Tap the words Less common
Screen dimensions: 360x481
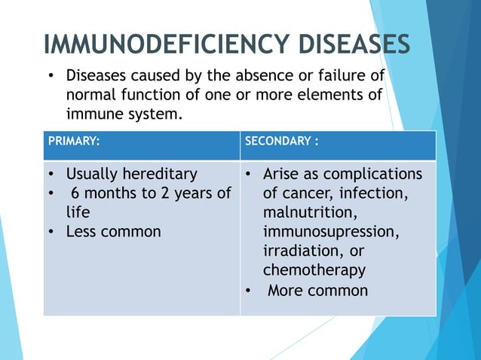pos(113,231)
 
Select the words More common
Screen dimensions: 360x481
pos(318,290)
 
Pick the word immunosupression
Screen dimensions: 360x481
pos(331,232)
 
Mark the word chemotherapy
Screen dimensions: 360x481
pos(314,270)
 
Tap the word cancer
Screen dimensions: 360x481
pos(307,194)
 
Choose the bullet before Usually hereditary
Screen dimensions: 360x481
pos(51,174)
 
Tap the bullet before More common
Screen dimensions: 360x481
pos(247,290)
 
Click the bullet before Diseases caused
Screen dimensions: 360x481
pos(51,76)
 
